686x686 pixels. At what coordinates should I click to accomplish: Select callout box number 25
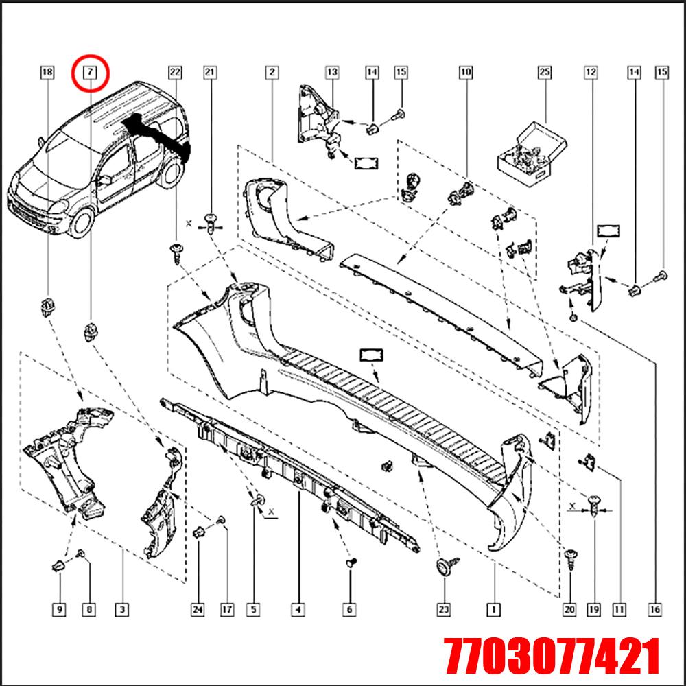point(545,71)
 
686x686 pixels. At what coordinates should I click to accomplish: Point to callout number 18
point(47,71)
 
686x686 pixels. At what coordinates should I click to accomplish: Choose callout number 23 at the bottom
point(443,608)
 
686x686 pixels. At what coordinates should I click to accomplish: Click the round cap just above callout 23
point(443,567)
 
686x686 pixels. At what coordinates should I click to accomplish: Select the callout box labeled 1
point(492,608)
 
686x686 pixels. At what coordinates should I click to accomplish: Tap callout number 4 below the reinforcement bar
point(298,608)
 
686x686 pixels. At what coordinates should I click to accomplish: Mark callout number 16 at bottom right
point(655,608)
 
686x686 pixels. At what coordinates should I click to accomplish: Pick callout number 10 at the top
point(466,71)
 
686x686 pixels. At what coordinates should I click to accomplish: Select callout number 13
point(332,71)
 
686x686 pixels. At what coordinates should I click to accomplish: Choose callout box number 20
point(569,608)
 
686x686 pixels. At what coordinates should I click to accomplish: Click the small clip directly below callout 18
point(47,307)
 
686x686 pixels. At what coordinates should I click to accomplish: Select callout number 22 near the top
point(175,71)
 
